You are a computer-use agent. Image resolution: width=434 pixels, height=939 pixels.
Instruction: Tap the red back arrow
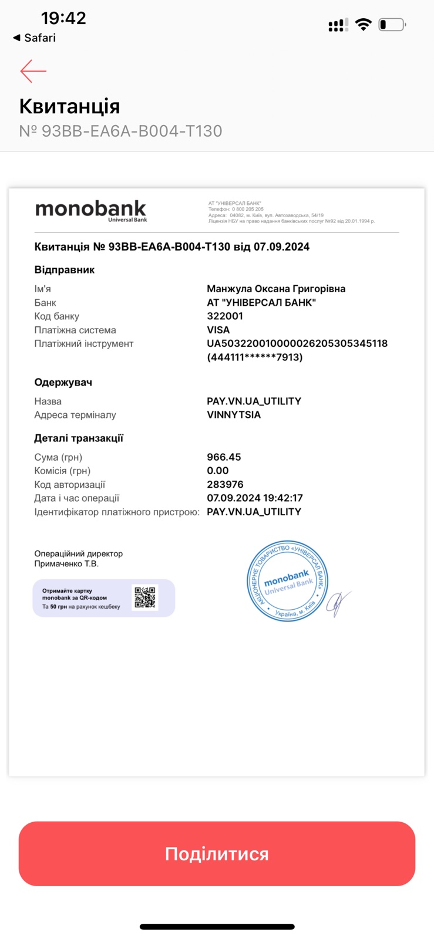pyautogui.click(x=33, y=71)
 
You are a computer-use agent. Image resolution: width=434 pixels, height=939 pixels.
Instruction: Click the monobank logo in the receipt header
pyautogui.click(x=91, y=210)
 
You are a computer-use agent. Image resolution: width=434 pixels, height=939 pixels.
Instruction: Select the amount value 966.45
pyautogui.click(x=224, y=457)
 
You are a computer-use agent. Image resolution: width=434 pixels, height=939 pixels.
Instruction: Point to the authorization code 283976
pyautogui.click(x=225, y=484)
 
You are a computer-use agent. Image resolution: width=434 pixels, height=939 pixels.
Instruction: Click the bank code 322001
pyautogui.click(x=225, y=316)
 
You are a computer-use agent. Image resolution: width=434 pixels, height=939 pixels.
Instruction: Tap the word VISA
pyautogui.click(x=218, y=330)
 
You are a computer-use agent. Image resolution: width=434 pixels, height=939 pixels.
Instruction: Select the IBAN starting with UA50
pyautogui.click(x=297, y=343)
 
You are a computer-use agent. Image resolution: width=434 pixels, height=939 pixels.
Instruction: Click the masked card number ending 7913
pyautogui.click(x=254, y=357)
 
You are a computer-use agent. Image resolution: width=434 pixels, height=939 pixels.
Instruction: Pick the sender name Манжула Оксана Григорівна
pyautogui.click(x=276, y=289)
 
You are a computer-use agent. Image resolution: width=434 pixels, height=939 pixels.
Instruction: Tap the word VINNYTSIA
pyautogui.click(x=234, y=414)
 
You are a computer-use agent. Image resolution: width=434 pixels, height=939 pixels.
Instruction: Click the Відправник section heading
pyautogui.click(x=65, y=270)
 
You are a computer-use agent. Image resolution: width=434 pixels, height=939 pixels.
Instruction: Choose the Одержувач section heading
pyautogui.click(x=63, y=382)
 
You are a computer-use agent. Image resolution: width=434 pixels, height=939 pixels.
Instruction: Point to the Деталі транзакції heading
pyautogui.click(x=79, y=438)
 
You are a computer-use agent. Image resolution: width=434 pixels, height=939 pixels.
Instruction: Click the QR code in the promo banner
pyautogui.click(x=145, y=597)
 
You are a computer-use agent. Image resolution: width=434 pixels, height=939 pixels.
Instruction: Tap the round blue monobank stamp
pyautogui.click(x=287, y=581)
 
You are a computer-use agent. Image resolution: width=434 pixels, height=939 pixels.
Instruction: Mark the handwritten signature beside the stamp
pyautogui.click(x=339, y=603)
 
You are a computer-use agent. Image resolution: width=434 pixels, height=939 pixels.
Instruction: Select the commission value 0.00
pyautogui.click(x=218, y=471)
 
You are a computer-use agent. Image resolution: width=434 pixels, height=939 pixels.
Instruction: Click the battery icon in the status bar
pyautogui.click(x=392, y=25)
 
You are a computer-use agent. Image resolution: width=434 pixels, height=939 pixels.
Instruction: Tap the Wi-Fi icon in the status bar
pyautogui.click(x=364, y=25)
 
